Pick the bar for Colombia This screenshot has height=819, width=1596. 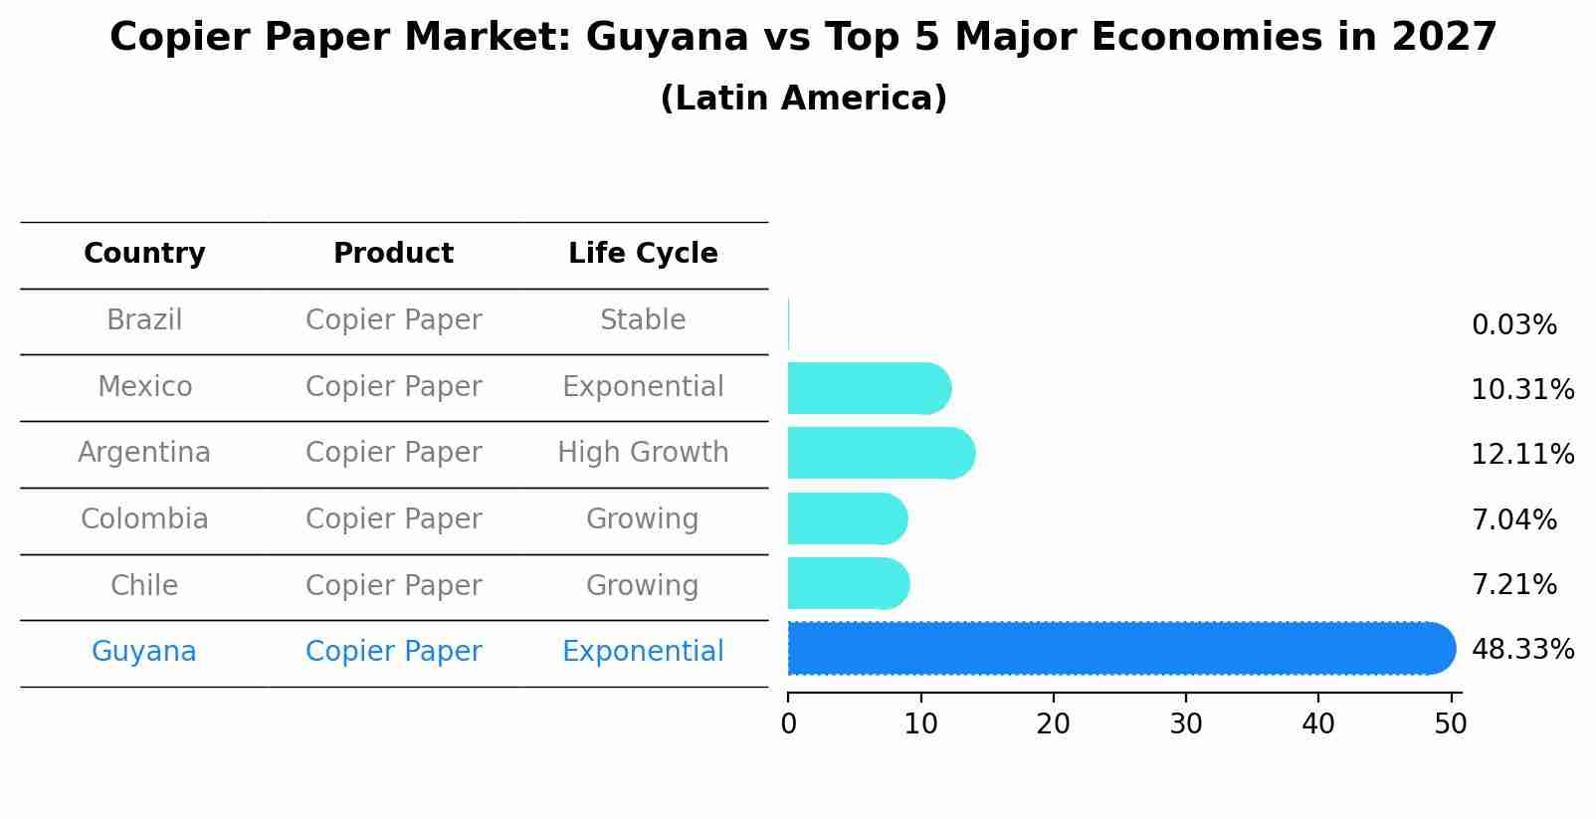pos(847,519)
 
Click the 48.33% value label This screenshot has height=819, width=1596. pos(1522,650)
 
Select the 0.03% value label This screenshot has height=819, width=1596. pos(1513,325)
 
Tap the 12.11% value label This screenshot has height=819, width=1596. pos(1522,455)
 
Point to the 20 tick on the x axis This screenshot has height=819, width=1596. pos(1053,724)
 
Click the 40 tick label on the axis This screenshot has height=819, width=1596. pos(1318,724)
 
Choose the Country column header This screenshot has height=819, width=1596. pos(144,254)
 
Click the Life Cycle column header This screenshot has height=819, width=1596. pos(643,254)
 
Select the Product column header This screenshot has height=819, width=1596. pos(393,254)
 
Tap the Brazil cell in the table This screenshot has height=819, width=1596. pos(144,320)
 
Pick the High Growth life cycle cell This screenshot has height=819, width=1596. pos(643,453)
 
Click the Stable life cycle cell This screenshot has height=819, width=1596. pos(643,320)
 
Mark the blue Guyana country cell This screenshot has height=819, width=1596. pos(144,652)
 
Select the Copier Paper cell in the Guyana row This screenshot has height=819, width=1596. pos(393,652)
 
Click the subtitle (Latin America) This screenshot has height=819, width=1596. pos(803,99)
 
